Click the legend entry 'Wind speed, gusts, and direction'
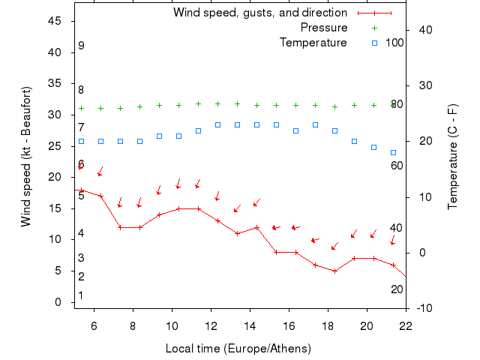point(259,13)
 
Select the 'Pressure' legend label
point(323,28)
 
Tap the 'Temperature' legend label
point(313,43)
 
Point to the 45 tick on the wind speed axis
point(55,21)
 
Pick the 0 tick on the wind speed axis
point(58,302)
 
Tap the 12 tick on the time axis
point(211,325)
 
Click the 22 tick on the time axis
point(406,325)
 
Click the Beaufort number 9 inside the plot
point(81,46)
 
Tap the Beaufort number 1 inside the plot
point(80,295)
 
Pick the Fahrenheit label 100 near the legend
point(394,43)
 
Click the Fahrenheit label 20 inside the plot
point(397,289)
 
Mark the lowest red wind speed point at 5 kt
point(334,271)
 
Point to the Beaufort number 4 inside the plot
point(80,233)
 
